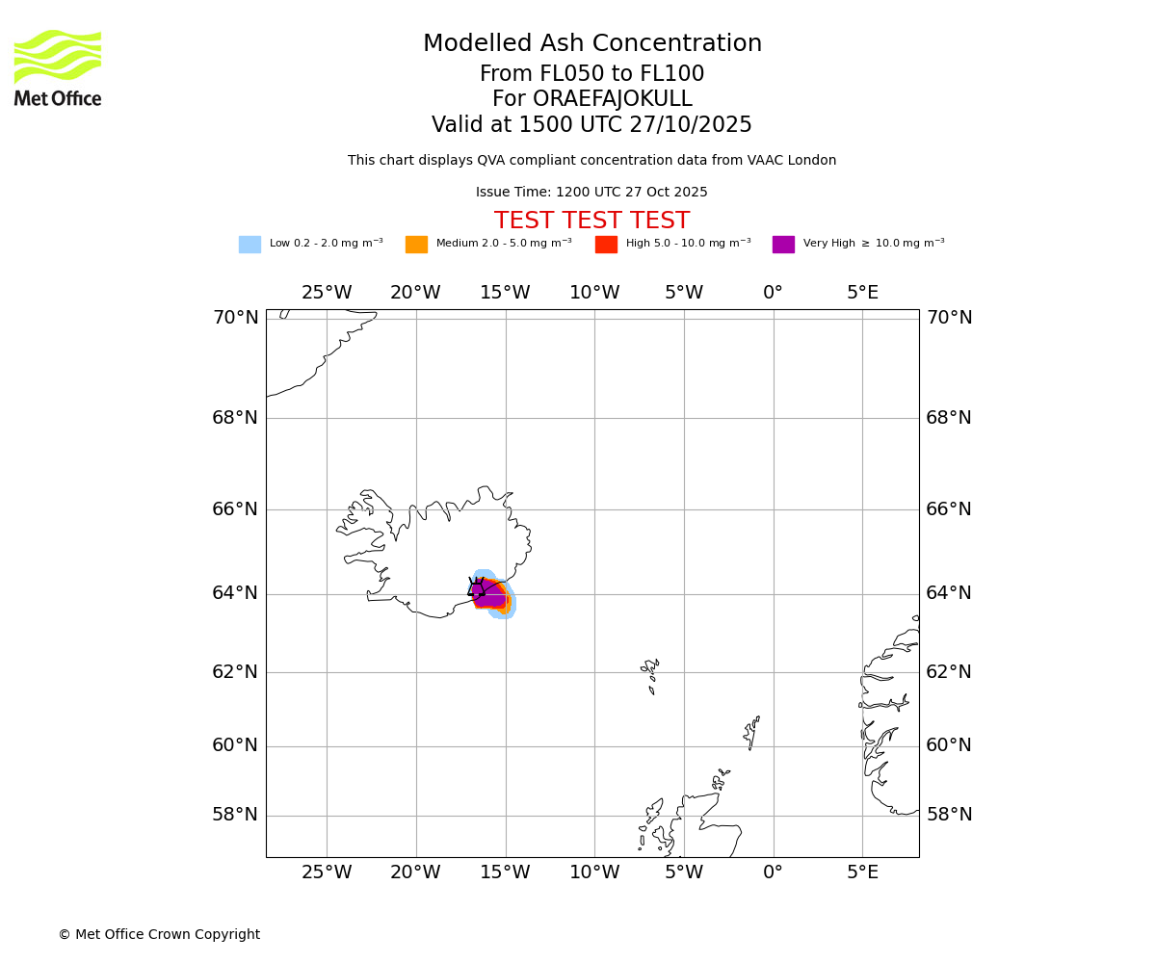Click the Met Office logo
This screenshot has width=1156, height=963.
[x=58, y=67]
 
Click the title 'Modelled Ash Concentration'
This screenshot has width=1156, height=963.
[x=591, y=44]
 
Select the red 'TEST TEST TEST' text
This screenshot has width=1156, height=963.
[x=591, y=221]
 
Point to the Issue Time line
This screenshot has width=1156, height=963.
[x=591, y=193]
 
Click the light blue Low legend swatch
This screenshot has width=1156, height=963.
[x=250, y=245]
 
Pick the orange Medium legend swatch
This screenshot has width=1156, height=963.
[x=416, y=245]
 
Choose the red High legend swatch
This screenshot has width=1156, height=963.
[x=606, y=245]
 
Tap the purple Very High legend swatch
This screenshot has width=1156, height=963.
[x=783, y=245]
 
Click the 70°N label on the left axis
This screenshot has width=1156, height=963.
[x=235, y=318]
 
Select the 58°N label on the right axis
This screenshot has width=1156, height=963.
[x=949, y=815]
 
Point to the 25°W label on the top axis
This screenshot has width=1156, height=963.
[x=327, y=293]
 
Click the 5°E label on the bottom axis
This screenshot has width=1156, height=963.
[x=862, y=872]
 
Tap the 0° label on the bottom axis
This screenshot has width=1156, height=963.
[x=773, y=872]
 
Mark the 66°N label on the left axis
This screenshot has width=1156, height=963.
[x=235, y=509]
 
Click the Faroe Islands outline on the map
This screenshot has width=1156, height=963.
[x=650, y=671]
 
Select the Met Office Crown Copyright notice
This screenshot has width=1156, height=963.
[x=159, y=935]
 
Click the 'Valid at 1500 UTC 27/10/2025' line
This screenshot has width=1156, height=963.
[x=591, y=125]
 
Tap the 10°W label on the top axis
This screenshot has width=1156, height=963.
[x=594, y=293]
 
